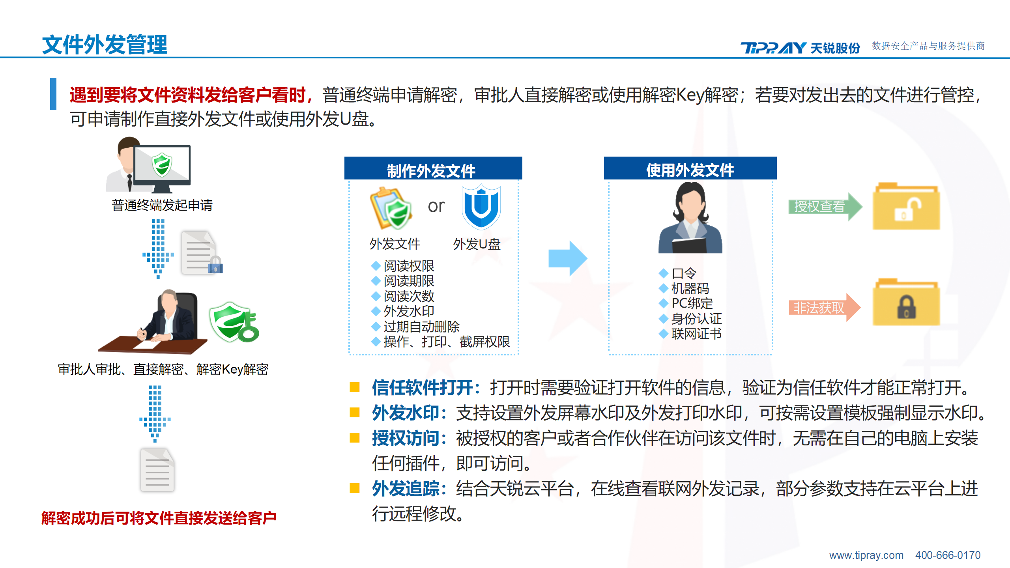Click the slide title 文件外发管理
tap(105, 45)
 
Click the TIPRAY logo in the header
tap(800, 48)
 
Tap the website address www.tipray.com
tap(866, 555)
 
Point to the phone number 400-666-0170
tap(948, 555)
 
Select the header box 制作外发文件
tap(433, 168)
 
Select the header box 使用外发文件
tap(690, 168)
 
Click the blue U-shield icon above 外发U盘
tap(481, 207)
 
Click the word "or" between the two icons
tap(436, 206)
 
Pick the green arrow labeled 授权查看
tap(825, 206)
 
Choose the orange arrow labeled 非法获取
tap(824, 308)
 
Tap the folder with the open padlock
tap(906, 206)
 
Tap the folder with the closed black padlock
tap(906, 302)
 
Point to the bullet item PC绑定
tap(692, 303)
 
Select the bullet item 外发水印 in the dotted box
tap(409, 311)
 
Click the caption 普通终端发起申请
tap(162, 205)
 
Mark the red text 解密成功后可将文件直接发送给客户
tap(159, 518)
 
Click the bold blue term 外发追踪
tap(406, 489)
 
